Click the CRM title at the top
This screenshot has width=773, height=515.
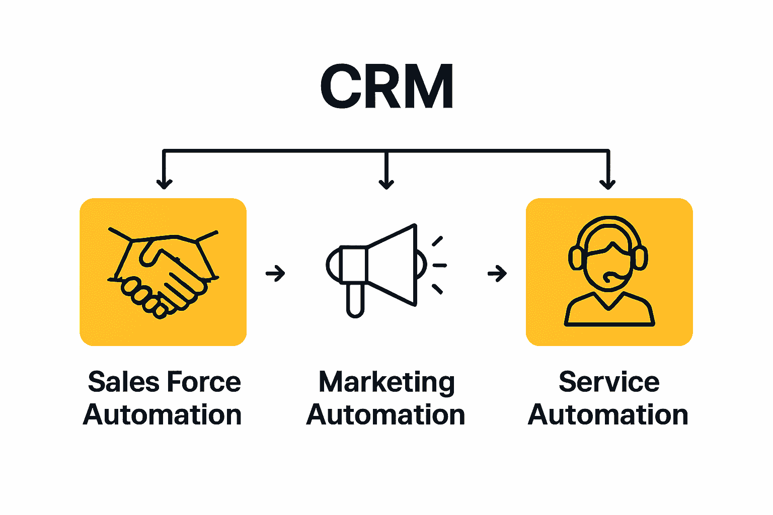click(386, 87)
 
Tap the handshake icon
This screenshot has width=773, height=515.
click(163, 272)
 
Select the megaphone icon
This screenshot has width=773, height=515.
click(377, 267)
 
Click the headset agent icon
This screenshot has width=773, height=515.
click(609, 272)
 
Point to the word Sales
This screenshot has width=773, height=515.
click(123, 382)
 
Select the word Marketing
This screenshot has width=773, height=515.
click(386, 383)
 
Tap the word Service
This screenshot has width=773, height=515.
click(609, 382)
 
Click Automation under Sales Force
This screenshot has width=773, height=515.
click(163, 415)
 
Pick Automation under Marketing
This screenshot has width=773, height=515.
click(385, 415)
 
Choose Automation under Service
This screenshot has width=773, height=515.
click(608, 415)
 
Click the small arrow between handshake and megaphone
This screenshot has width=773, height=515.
click(275, 274)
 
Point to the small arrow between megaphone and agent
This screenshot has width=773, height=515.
click(497, 274)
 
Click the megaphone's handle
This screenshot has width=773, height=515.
click(355, 300)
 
